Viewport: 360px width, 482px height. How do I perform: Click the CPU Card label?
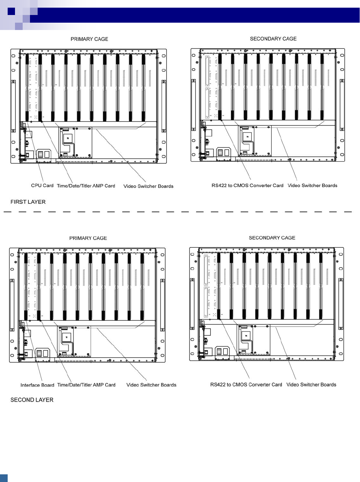point(42,186)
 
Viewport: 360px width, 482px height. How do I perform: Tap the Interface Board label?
point(37,385)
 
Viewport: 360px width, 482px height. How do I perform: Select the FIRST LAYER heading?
point(28,202)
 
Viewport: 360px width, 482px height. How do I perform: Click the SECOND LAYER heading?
point(32,400)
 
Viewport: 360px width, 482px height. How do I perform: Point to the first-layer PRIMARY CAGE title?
point(89,39)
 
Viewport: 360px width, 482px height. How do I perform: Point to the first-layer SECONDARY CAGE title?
point(273,39)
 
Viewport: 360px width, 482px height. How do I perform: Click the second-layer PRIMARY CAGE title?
point(88,238)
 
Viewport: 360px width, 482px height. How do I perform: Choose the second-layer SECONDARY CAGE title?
point(272,238)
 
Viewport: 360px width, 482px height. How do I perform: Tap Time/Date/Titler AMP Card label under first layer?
point(86,186)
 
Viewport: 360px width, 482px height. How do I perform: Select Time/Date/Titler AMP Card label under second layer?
point(86,385)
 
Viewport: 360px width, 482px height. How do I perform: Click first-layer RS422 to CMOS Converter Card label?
point(247,186)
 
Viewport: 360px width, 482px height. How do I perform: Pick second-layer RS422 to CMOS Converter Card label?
point(246,385)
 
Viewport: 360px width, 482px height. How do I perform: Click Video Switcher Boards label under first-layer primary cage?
point(148,186)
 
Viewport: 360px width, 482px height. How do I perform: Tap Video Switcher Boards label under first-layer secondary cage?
point(312,186)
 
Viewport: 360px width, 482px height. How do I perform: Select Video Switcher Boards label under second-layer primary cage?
point(151,385)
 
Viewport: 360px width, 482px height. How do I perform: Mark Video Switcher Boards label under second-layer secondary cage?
point(311,385)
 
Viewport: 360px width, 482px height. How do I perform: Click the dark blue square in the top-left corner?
point(11,11)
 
